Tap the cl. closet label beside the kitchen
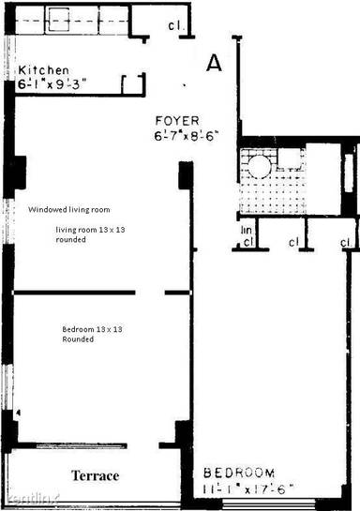tap(176, 27)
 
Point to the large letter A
tap(214, 64)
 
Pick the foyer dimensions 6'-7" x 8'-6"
tap(188, 136)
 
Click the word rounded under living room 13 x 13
tap(71, 239)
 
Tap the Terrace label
tap(97, 476)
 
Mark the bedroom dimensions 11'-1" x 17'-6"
tap(248, 488)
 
